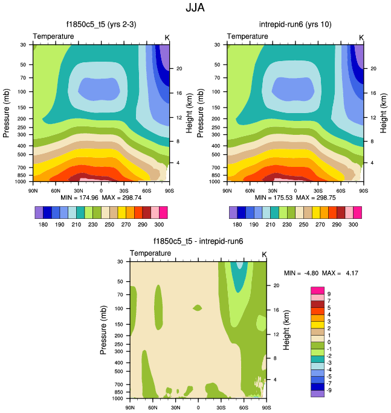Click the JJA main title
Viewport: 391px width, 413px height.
pyautogui.click(x=195, y=9)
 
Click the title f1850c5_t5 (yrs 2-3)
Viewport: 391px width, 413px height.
pyautogui.click(x=100, y=25)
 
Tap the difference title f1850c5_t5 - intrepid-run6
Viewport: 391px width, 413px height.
pyautogui.click(x=198, y=241)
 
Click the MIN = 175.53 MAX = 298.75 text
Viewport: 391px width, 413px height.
pyautogui.click(x=295, y=198)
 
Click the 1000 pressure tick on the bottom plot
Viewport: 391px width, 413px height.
pyautogui.click(x=118, y=399)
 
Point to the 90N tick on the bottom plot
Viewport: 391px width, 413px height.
pyautogui.click(x=130, y=408)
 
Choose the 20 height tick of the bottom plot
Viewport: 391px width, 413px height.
pyautogui.click(x=276, y=284)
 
